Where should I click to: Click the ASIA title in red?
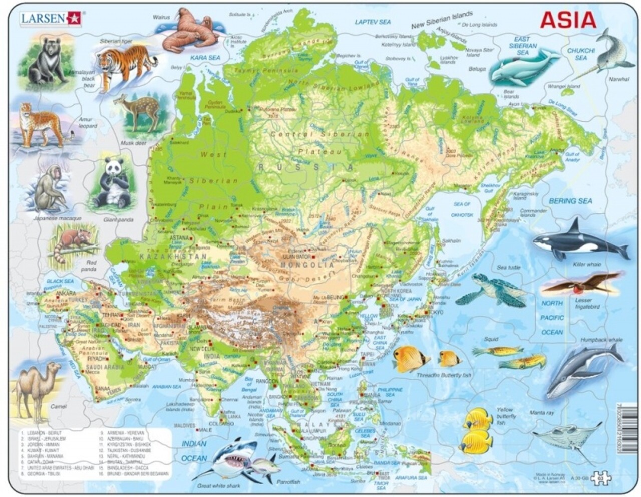pyautogui.click(x=568, y=20)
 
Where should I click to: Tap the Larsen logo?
pyautogui.click(x=50, y=18)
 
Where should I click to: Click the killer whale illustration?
pyautogui.click(x=576, y=242)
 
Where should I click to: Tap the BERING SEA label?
pyautogui.click(x=570, y=201)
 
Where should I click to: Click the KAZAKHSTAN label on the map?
pyautogui.click(x=172, y=256)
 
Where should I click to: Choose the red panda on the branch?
pyautogui.click(x=73, y=242)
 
